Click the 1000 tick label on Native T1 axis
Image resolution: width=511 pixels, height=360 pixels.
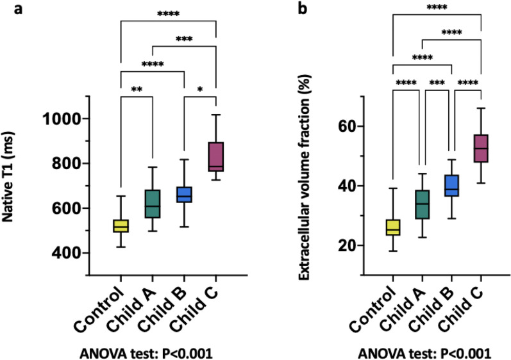click(x=62, y=119)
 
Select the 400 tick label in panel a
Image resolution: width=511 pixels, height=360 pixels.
click(x=68, y=254)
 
